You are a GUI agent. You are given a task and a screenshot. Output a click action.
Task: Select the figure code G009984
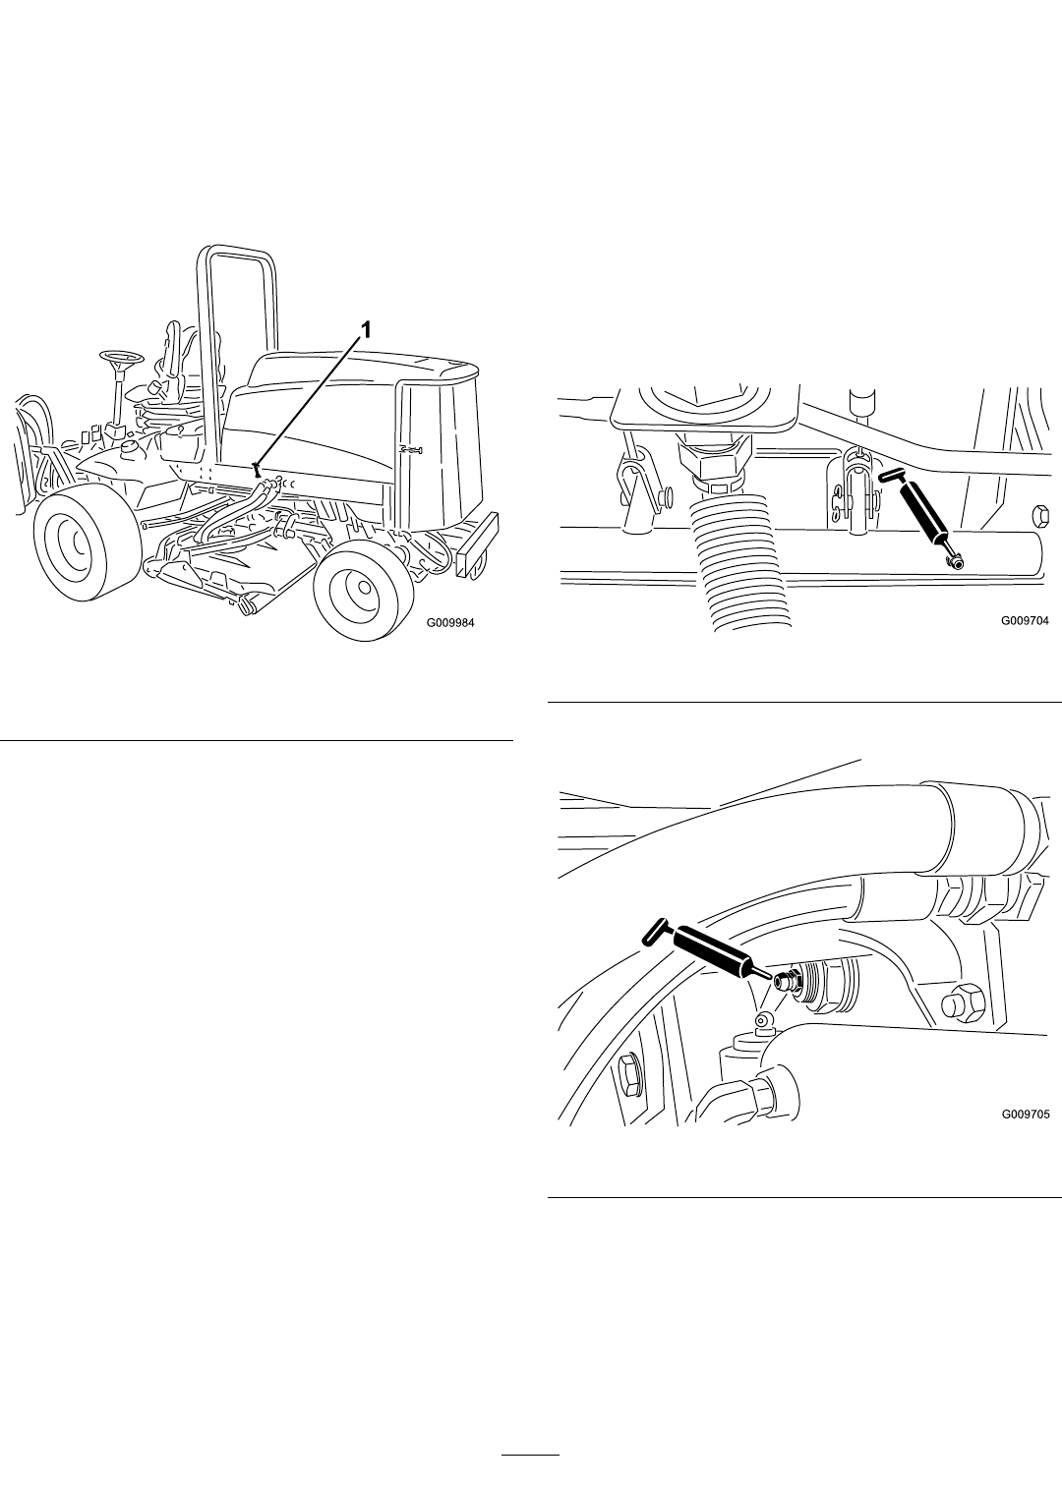click(450, 623)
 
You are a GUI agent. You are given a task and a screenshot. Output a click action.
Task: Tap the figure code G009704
click(1026, 620)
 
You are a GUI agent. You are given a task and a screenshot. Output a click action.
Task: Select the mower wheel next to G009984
click(359, 587)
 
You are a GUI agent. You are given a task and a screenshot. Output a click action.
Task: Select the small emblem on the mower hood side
click(411, 450)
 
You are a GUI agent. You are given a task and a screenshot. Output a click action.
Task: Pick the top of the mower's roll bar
click(236, 251)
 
